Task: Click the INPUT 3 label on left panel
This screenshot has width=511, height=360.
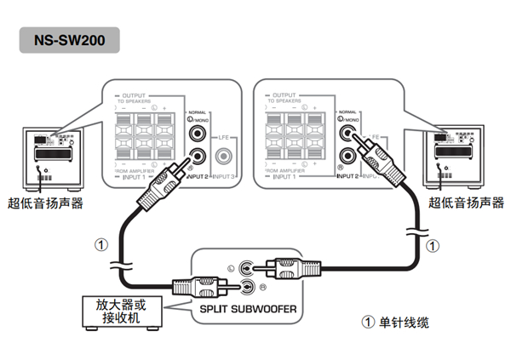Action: pos(223,176)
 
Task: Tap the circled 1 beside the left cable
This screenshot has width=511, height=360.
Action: pos(101,244)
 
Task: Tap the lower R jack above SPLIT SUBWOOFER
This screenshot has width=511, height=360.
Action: pos(246,286)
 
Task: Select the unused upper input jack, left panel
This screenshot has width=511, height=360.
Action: pos(198,134)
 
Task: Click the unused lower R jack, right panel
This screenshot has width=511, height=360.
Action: pos(347,156)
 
